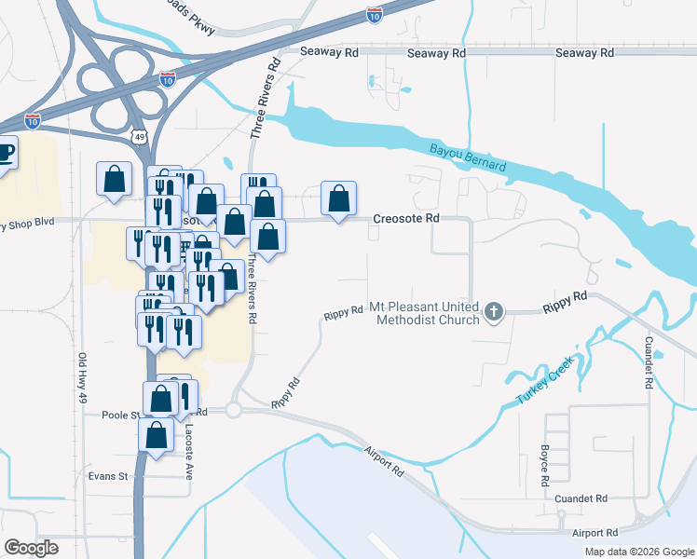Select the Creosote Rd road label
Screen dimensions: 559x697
pos(405,218)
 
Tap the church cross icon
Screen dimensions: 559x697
pos(495,313)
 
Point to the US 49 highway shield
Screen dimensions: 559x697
pos(139,137)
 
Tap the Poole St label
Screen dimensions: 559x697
pos(120,416)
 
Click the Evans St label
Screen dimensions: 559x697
pos(107,476)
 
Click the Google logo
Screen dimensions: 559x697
pos(31,548)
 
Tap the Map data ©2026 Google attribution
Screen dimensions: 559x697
pos(639,552)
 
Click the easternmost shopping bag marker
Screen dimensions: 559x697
pos(338,198)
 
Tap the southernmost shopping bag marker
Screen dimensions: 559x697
pos(156,434)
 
